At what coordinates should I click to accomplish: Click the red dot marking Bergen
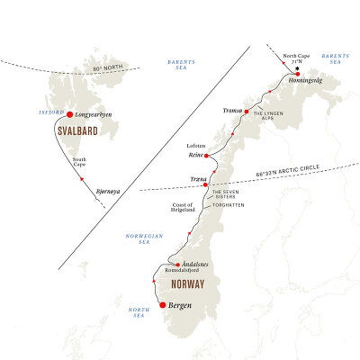click(163, 305)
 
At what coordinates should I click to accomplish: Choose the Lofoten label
click(197, 144)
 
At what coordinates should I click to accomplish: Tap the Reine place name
click(197, 155)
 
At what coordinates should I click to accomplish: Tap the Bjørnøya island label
click(106, 192)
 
